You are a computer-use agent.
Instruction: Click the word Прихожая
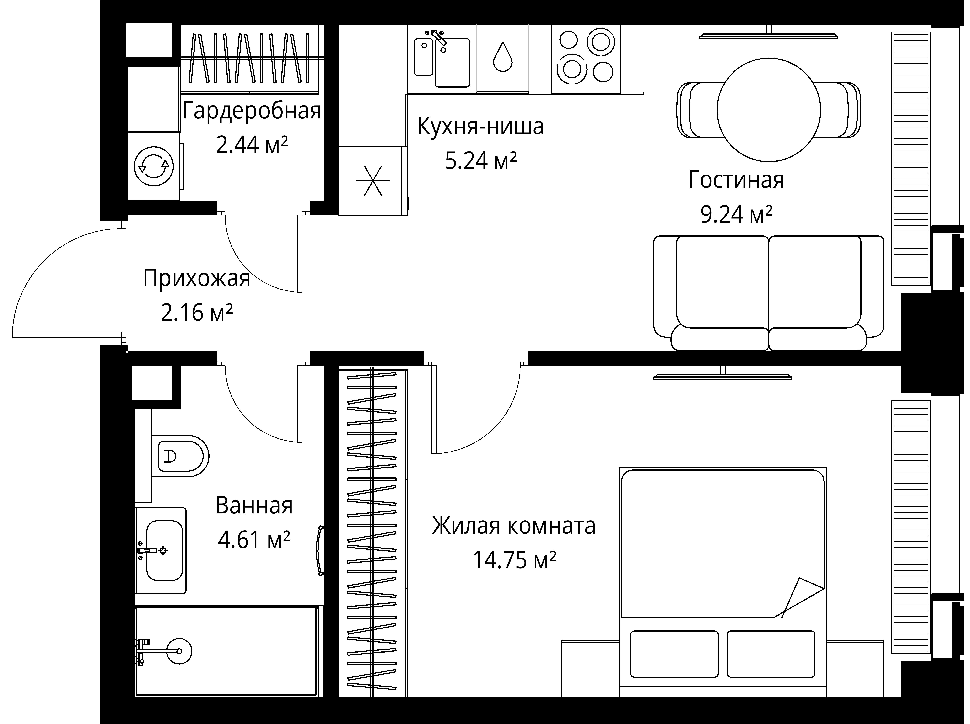click(x=196, y=278)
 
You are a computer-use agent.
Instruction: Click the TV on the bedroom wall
click(x=722, y=376)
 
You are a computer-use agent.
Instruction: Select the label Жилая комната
click(x=514, y=526)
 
